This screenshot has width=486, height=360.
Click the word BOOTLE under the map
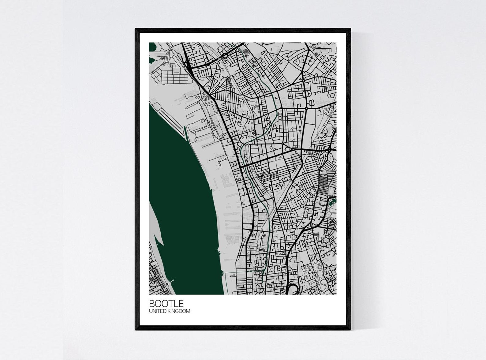pos(166,303)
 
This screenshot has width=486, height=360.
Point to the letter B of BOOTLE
pos(152,303)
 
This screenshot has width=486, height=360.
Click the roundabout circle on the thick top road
pos(225,55)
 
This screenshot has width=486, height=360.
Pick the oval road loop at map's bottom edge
pos(292,288)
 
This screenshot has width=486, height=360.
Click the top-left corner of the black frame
pos(136,29)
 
